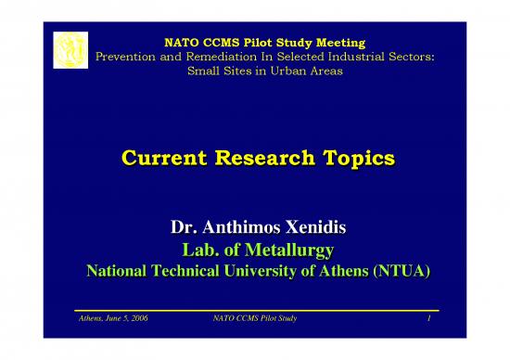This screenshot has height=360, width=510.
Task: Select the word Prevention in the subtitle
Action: [131, 58]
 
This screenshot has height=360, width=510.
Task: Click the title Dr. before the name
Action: [185, 227]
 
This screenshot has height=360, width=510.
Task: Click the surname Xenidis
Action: [311, 227]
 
